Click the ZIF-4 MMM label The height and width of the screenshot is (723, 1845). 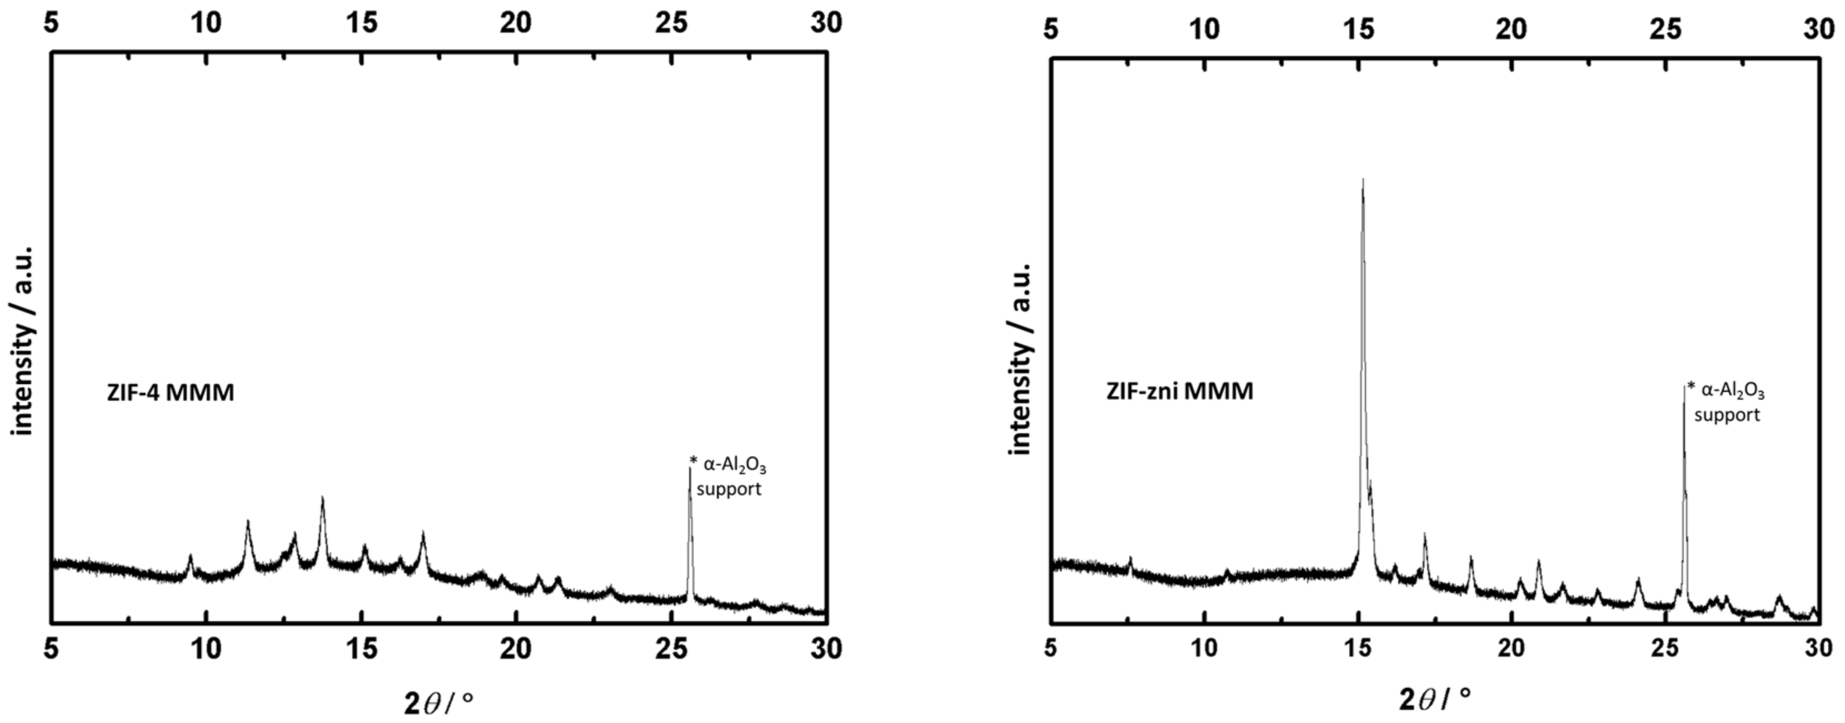[x=171, y=393]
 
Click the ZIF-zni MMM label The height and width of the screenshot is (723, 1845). [x=1180, y=391]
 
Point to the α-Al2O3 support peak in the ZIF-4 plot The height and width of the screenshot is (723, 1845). [x=690, y=470]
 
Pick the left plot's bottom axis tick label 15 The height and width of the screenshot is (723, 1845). [x=362, y=648]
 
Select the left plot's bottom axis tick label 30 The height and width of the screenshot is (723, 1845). [x=826, y=648]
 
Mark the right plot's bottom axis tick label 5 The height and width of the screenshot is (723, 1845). [x=1050, y=648]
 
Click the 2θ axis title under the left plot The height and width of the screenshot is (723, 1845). [x=438, y=704]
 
